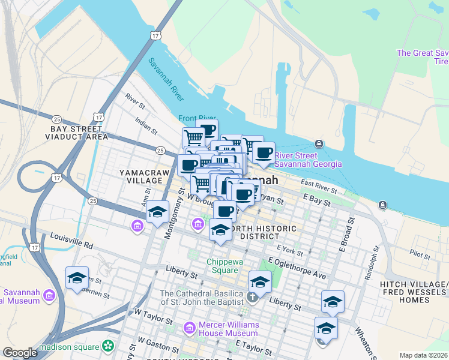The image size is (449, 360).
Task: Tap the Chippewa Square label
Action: point(222,266)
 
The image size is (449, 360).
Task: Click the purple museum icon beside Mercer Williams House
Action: point(189,328)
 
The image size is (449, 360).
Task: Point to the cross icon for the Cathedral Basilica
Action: point(253,297)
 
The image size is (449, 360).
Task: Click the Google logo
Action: point(20,353)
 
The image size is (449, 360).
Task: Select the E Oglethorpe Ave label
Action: point(297,268)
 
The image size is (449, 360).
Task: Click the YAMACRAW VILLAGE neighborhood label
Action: point(145,176)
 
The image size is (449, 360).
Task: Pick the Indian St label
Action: point(146,125)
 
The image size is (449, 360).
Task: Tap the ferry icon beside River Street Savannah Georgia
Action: point(319,144)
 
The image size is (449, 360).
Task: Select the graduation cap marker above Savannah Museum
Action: point(77,278)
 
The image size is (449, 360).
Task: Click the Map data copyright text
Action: point(423,355)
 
